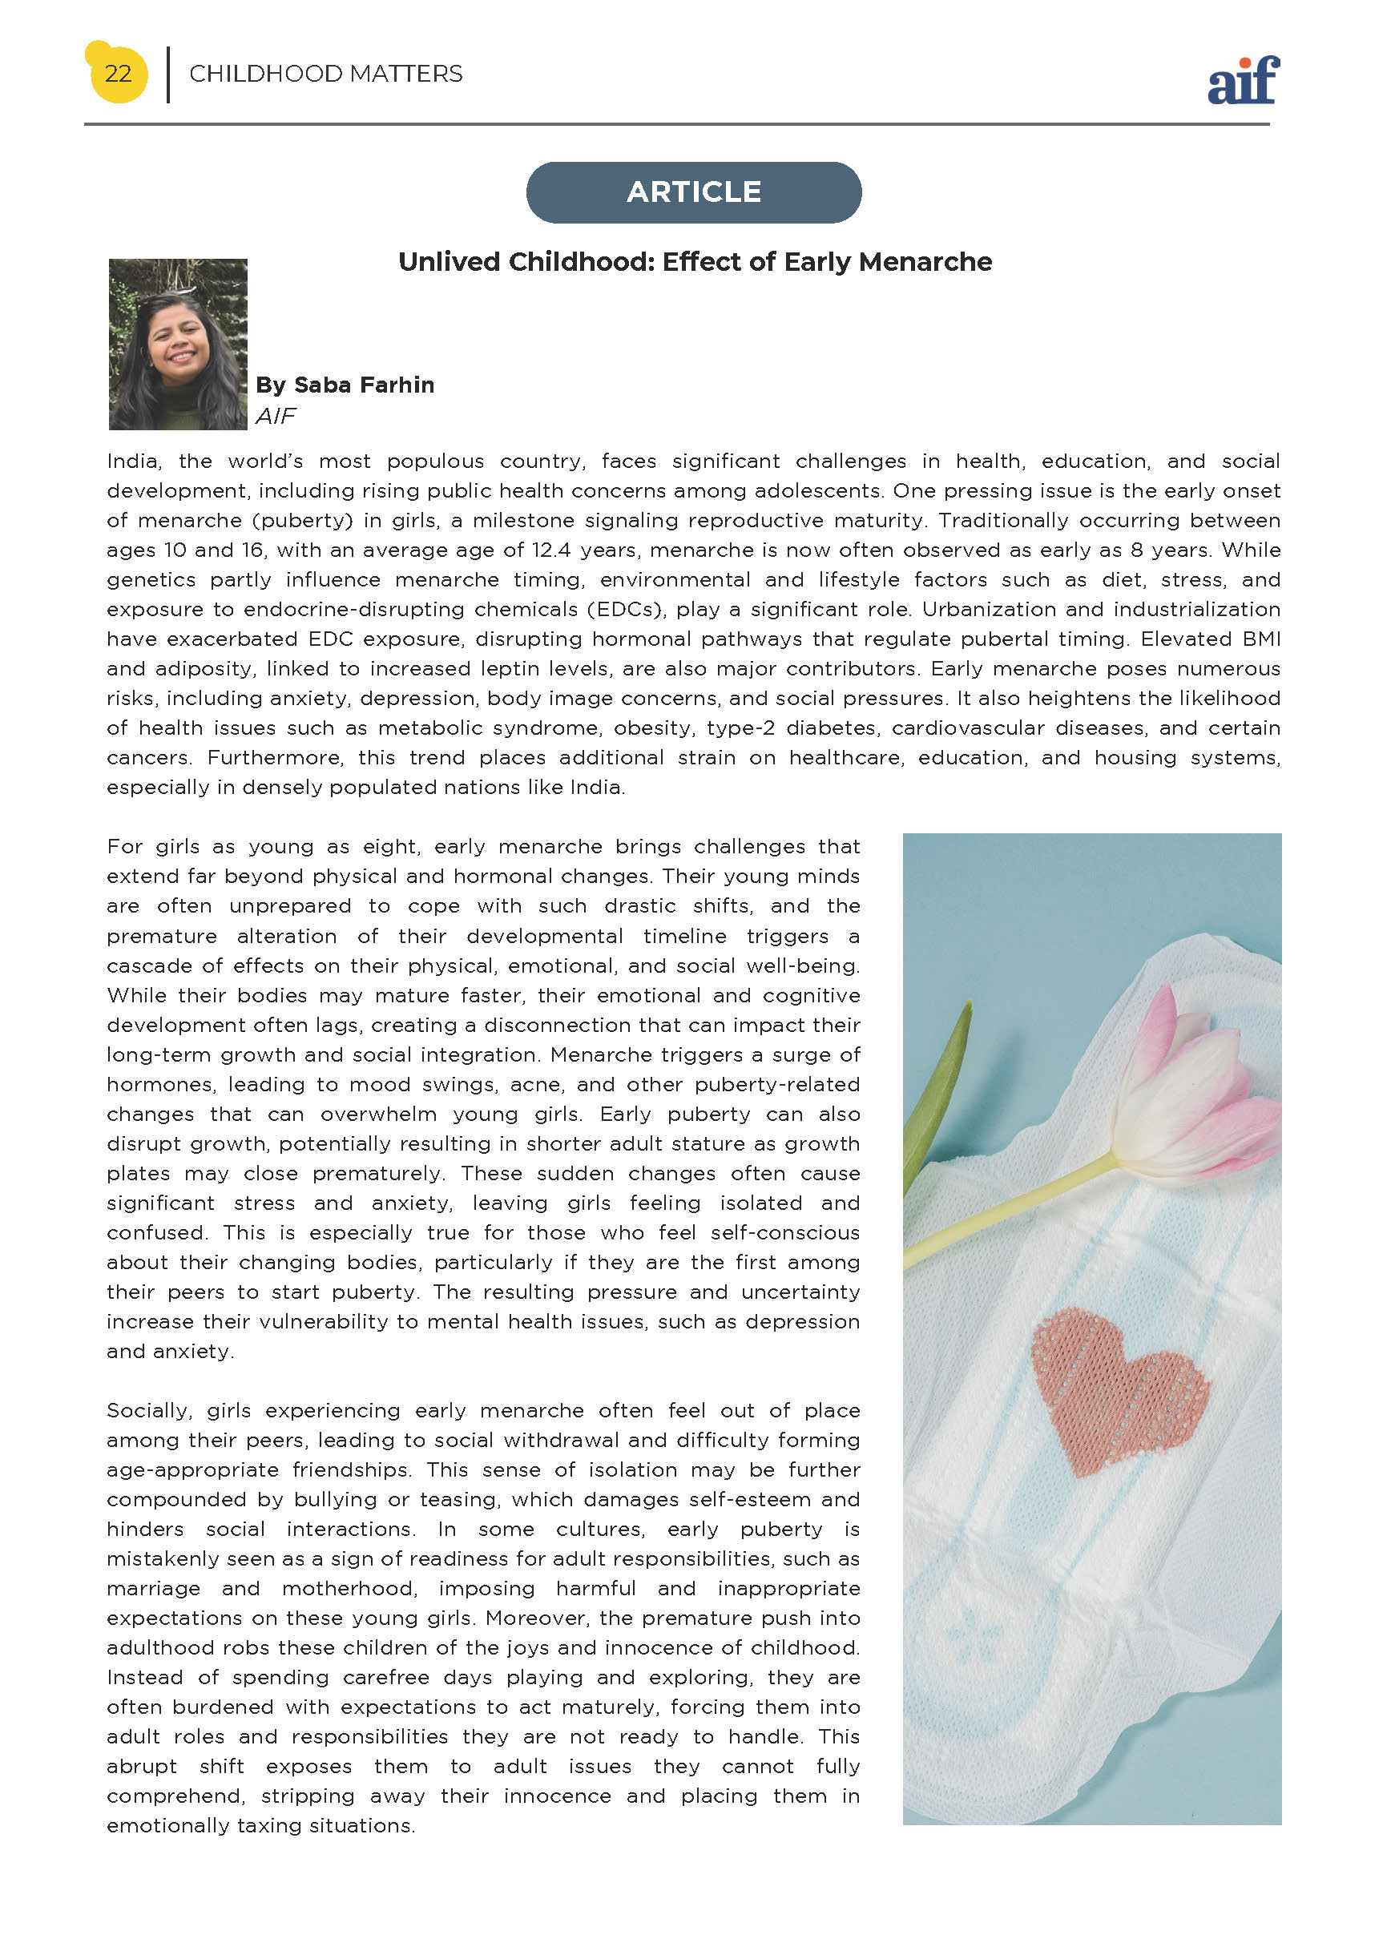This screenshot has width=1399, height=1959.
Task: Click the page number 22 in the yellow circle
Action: coord(118,73)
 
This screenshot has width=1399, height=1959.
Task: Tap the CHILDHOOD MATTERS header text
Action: coord(325,74)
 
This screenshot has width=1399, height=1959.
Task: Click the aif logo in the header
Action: coord(1243,81)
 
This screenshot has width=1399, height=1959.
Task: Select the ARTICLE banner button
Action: coord(693,192)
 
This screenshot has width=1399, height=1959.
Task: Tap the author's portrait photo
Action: coord(177,344)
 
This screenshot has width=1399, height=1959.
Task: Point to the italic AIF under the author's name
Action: coord(276,416)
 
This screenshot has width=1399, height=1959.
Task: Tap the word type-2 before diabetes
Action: coord(740,728)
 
